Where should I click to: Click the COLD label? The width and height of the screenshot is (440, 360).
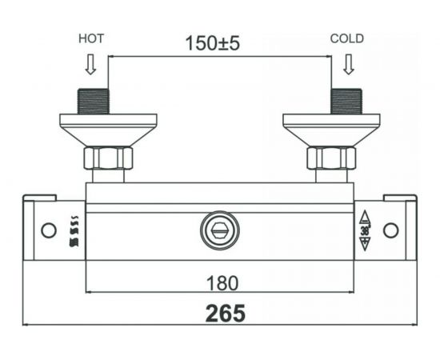pyautogui.click(x=348, y=38)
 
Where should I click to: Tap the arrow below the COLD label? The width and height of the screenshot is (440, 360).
pyautogui.click(x=348, y=62)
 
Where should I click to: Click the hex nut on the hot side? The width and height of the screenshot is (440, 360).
pyautogui.click(x=108, y=158)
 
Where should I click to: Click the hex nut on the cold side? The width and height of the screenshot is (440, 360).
pyautogui.click(x=331, y=158)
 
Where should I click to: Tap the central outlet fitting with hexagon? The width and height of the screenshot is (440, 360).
pyautogui.click(x=220, y=230)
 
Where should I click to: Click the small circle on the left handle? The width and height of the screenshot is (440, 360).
pyautogui.click(x=49, y=230)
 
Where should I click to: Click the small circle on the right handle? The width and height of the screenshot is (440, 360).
pyautogui.click(x=390, y=230)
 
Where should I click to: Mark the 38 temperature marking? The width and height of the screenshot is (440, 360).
pyautogui.click(x=364, y=230)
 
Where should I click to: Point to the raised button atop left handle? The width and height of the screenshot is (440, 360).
pyautogui.click(x=39, y=198)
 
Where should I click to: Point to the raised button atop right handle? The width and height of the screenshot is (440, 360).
pyautogui.click(x=400, y=198)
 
